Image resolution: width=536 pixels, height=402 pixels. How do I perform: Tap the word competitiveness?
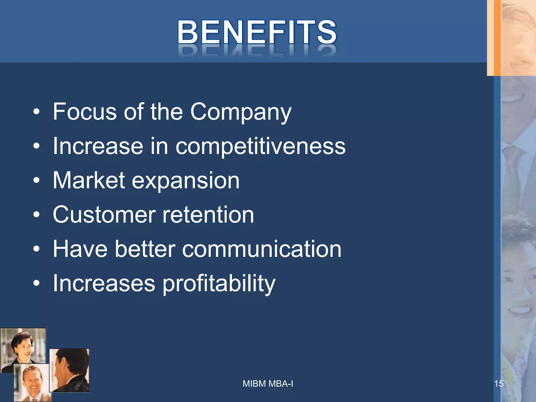[x=260, y=146]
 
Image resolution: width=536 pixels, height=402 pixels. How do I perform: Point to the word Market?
[x=89, y=180]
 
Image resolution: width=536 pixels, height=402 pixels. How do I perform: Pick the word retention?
[x=208, y=215]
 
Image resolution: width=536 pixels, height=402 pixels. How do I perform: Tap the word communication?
[x=262, y=249]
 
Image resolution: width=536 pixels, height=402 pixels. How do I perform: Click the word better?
[x=145, y=249]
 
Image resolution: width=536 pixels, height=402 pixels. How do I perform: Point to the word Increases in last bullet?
[x=104, y=283]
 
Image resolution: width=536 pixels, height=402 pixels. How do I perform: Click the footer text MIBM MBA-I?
[x=268, y=384]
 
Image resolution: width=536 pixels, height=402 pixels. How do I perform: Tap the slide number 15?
[x=499, y=384]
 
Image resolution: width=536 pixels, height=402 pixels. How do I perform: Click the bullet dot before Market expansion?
[x=37, y=180]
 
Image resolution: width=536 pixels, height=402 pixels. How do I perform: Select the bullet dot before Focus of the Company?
[x=37, y=112]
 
